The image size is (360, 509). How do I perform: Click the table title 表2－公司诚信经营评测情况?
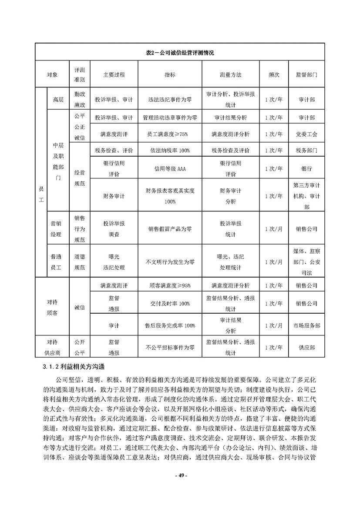pyautogui.click(x=180, y=53)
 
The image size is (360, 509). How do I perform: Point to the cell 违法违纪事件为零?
pyautogui.click(x=170, y=100)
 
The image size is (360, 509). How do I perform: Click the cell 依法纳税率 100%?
pyautogui.click(x=170, y=151)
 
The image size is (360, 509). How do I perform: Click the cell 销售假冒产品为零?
pyautogui.click(x=170, y=229)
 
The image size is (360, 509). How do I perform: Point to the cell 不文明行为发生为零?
pyautogui.click(x=170, y=262)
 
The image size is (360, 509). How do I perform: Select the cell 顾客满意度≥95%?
pyautogui.click(x=170, y=286)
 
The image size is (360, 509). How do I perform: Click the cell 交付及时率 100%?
pyautogui.click(x=170, y=304)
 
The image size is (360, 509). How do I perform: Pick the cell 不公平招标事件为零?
pyautogui.click(x=170, y=348)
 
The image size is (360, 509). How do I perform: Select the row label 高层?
pyautogui.click(x=58, y=100)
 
